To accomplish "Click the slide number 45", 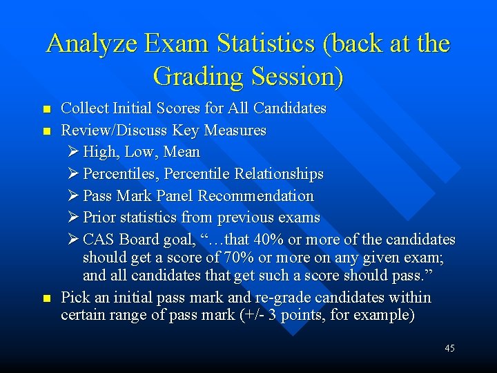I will click(449, 348).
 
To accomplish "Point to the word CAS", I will click(99, 240).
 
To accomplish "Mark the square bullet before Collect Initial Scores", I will click(46, 110).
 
